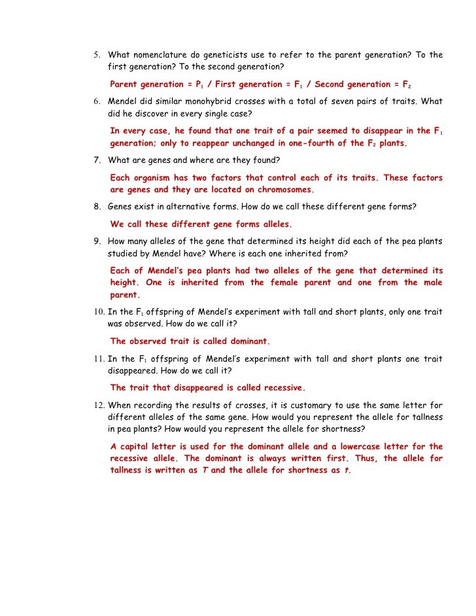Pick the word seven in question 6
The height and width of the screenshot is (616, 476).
coord(332,101)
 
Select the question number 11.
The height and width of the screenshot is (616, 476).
coord(97,359)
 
